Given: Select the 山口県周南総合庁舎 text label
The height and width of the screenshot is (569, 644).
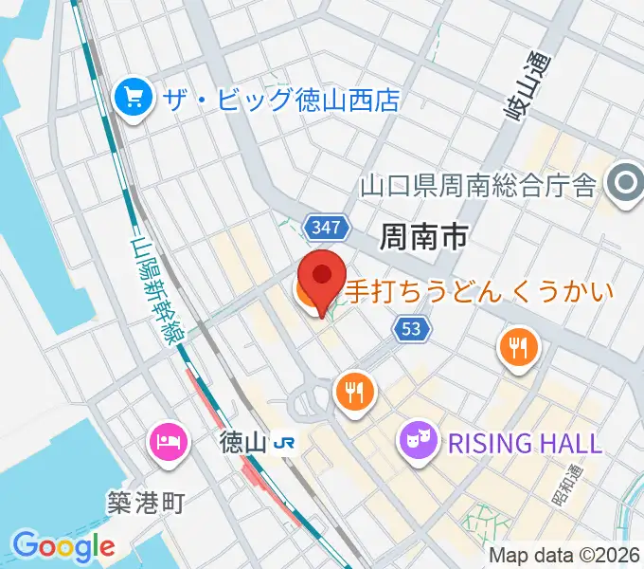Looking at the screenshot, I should tap(477, 184).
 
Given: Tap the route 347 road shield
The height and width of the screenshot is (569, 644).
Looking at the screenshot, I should tap(328, 227).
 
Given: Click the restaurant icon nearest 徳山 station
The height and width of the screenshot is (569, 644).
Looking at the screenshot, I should tap(355, 391).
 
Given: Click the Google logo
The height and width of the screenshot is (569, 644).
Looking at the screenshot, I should tap(63, 545).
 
